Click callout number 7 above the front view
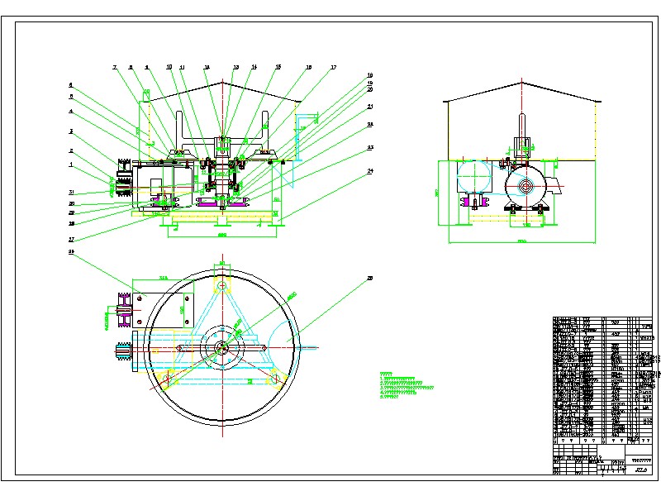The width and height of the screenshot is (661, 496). [x=116, y=66]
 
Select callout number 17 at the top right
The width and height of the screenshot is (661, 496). [x=333, y=67]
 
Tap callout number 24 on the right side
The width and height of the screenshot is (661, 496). [x=370, y=172]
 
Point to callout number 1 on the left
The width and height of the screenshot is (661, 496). [x=71, y=164]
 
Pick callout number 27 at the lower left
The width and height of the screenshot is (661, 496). [x=71, y=240]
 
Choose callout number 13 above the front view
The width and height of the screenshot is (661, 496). [x=235, y=67]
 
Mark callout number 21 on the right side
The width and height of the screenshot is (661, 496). [x=370, y=107]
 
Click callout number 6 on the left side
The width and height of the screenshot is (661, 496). [x=71, y=84]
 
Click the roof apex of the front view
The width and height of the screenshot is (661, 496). [x=221, y=83]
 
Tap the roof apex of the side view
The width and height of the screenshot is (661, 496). [x=521, y=81]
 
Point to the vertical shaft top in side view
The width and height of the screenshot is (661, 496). [x=522, y=116]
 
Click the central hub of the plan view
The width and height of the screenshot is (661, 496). [x=221, y=348]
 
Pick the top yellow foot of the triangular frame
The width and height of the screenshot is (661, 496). [x=221, y=285]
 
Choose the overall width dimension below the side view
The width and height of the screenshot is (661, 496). [x=521, y=242]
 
